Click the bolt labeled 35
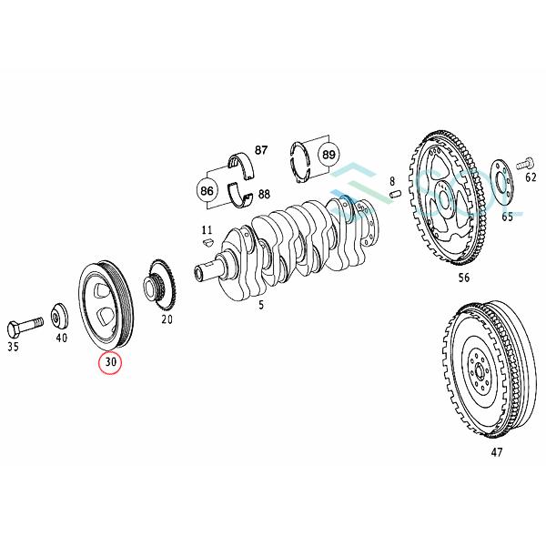(x=25, y=325)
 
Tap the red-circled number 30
(x=111, y=363)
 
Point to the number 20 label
(x=167, y=319)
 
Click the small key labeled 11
(x=207, y=243)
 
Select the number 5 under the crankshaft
(x=261, y=305)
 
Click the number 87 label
(x=261, y=150)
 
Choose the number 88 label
(x=263, y=194)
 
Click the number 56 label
(x=464, y=278)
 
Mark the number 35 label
(x=14, y=347)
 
